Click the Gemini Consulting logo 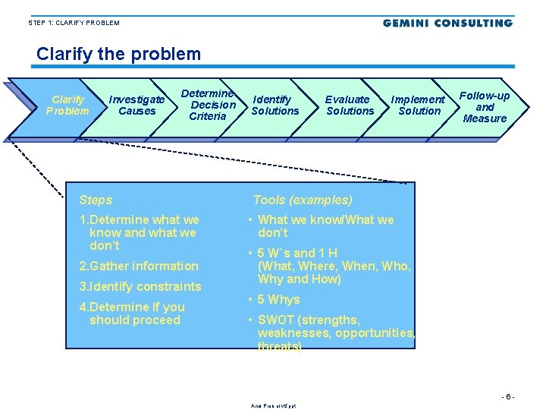coord(447,24)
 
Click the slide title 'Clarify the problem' coord(118,55)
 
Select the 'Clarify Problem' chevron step coord(67,106)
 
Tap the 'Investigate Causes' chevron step coord(136,106)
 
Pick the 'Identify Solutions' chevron coord(275,106)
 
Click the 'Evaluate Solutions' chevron coord(349,106)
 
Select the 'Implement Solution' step coord(418,106)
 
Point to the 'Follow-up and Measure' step coord(485,107)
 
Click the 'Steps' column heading coord(96,200)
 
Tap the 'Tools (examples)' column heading coord(302,200)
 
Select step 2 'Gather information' coord(139,266)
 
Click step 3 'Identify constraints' coord(140,287)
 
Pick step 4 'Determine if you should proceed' coord(133,314)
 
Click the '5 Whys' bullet coord(278,300)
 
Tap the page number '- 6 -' coord(507,397)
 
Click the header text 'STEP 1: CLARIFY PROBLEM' coord(74,23)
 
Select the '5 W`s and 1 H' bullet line coord(297,253)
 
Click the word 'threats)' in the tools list coord(279,346)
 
